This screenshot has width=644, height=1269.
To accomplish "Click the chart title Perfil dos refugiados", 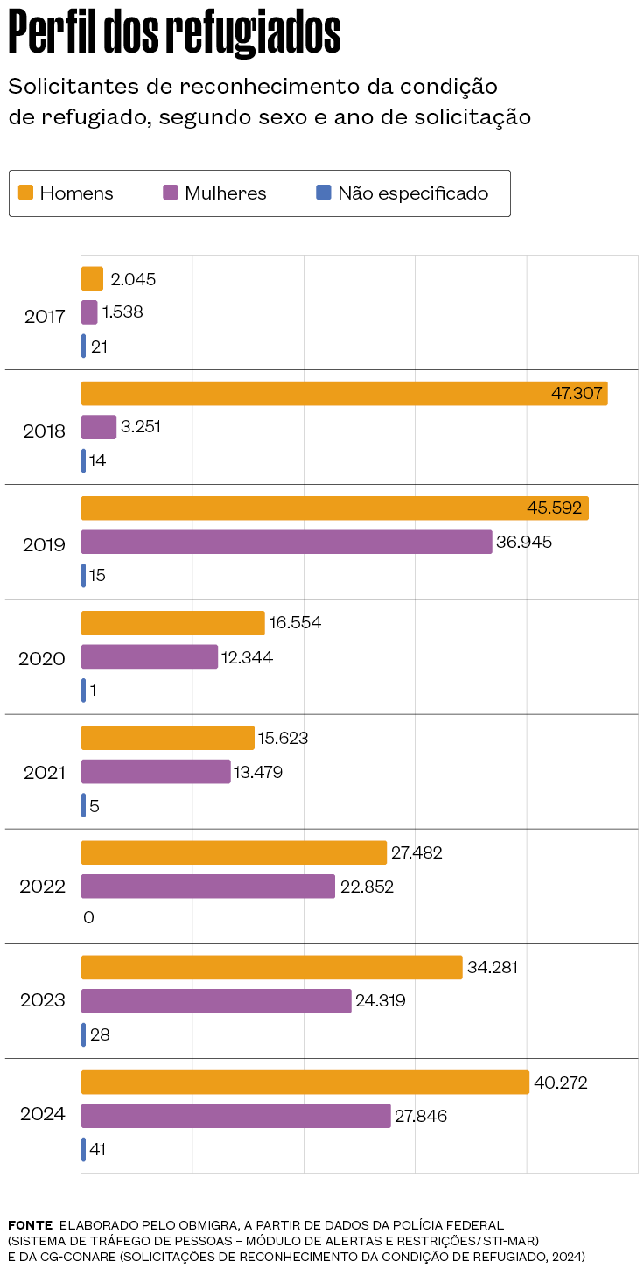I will pos(174,34).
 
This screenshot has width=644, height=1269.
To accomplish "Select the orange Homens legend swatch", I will pos(26,193).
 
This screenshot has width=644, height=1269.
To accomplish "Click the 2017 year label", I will pos(45,316).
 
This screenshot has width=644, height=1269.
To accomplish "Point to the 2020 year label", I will pos(42,658).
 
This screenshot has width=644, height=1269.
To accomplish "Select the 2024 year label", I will pos(43,1115).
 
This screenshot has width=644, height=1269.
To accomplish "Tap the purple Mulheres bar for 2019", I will pos(286,543).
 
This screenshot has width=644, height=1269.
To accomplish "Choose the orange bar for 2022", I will pos(234,852).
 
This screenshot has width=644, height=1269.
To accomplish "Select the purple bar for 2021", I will pos(156,772).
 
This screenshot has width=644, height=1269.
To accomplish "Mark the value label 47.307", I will pos(577,394).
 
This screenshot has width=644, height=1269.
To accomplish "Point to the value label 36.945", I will pos(524,543).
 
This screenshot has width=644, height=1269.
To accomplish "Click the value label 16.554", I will pos(295,623).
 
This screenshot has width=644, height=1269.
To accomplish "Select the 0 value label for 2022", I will pos(88,918).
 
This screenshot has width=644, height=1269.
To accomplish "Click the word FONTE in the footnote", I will pos(30,1225).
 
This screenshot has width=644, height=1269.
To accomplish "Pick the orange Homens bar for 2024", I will pos(304,1083).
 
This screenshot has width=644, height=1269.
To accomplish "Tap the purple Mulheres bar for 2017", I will pos(89,312).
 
